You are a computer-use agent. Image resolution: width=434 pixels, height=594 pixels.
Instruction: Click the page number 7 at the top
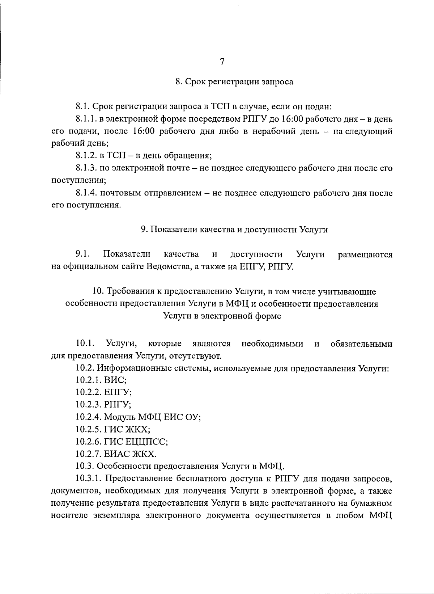tap(222, 62)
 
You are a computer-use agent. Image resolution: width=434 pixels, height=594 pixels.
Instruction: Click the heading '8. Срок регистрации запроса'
tap(234, 82)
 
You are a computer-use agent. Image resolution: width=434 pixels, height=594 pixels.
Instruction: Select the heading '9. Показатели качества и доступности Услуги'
tap(234, 230)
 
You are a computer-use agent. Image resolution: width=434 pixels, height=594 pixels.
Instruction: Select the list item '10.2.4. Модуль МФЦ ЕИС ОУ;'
tap(138, 417)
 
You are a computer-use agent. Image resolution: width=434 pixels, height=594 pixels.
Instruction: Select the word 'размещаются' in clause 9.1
tap(365, 255)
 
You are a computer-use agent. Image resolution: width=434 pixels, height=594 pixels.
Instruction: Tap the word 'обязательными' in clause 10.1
tap(361, 344)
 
